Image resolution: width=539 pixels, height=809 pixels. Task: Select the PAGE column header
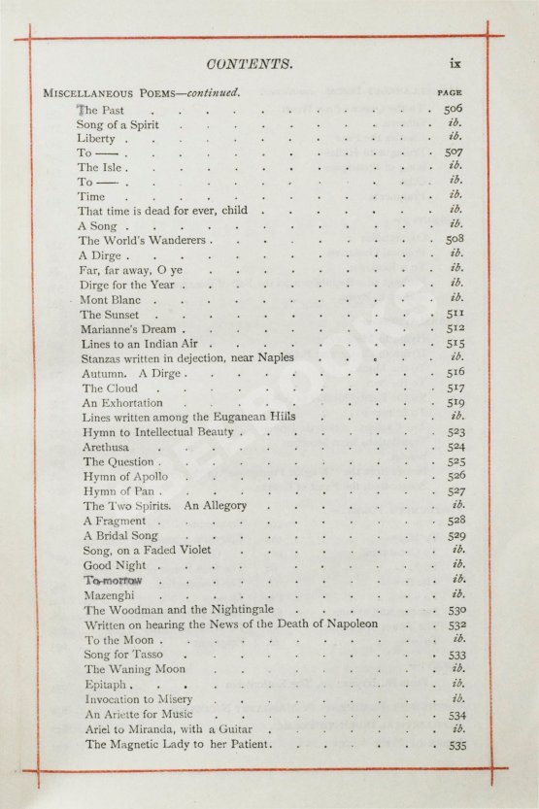point(450,93)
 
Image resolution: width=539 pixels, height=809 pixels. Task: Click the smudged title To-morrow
point(113,580)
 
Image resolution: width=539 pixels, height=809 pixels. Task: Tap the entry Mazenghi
point(109,594)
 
